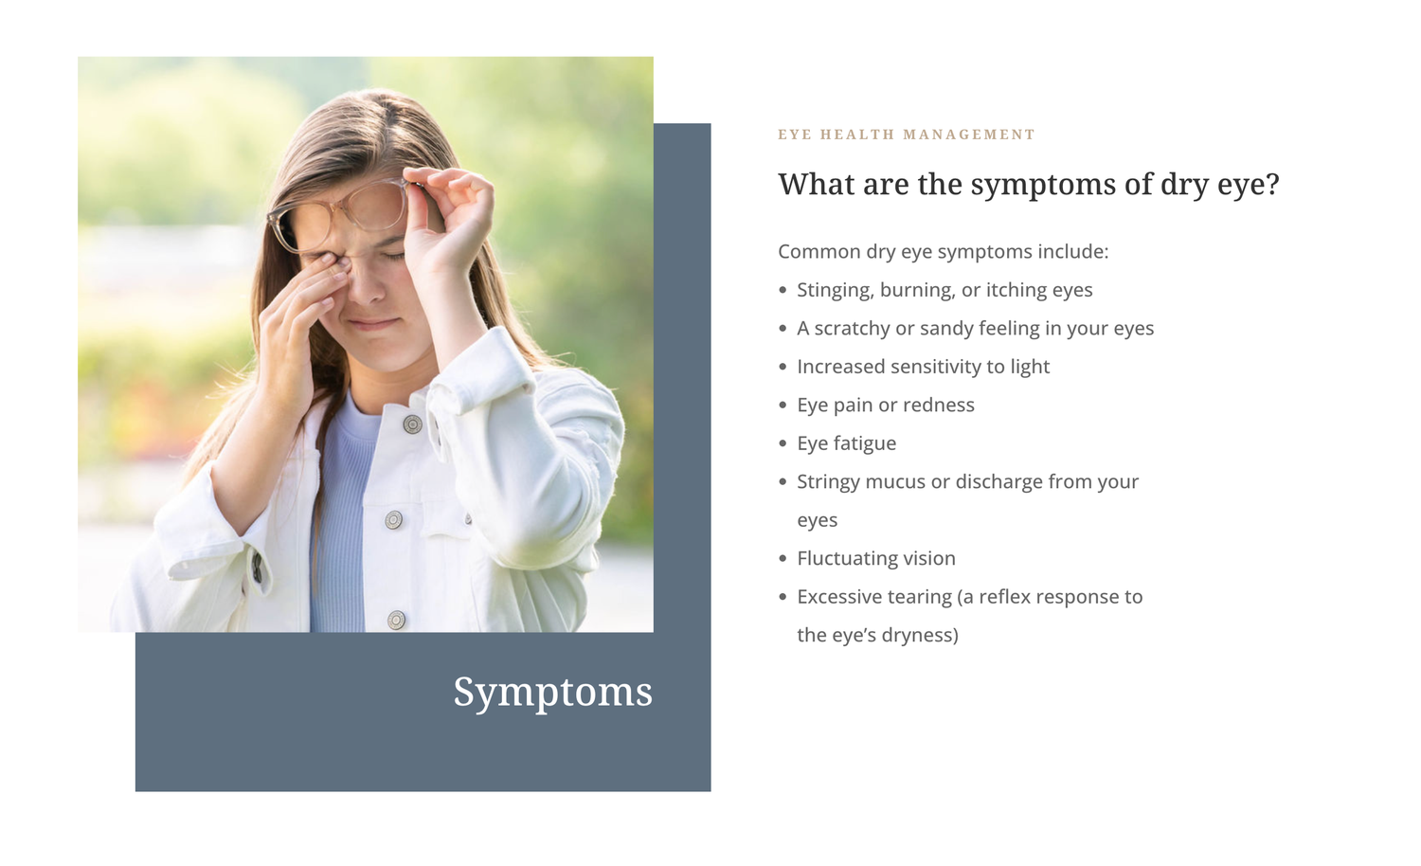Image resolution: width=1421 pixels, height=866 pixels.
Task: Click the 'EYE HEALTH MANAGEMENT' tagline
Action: coord(906,135)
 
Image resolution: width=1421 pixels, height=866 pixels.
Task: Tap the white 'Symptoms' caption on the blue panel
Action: coord(552,693)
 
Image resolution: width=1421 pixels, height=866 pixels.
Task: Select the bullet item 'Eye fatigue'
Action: coord(846,443)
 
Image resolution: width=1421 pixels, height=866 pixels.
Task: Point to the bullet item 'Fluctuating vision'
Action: coord(876,558)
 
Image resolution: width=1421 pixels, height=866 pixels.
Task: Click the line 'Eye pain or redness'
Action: coord(886,405)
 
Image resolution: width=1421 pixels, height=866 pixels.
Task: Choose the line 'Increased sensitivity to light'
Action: coord(923,367)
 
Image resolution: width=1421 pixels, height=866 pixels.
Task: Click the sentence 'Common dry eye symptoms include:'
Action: coord(943,252)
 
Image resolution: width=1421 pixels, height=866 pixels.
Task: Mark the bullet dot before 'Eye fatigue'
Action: coord(782,443)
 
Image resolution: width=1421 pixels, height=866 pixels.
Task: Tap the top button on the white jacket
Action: coord(412,424)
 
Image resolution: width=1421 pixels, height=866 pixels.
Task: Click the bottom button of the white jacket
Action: coord(397,620)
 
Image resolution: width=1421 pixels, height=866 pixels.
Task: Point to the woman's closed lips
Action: coord(372,324)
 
